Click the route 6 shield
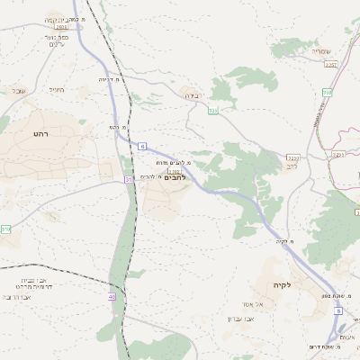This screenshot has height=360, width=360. point(142,145)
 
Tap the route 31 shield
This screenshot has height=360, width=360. point(129,180)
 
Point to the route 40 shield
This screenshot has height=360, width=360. point(112,296)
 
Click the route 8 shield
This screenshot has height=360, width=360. point(338,310)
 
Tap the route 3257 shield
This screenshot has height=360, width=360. point(330,65)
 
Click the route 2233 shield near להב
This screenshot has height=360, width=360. point(293,158)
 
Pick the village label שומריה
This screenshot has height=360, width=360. point(321,51)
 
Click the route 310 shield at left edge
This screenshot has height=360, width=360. point(5,229)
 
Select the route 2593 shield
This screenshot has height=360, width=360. point(61,28)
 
